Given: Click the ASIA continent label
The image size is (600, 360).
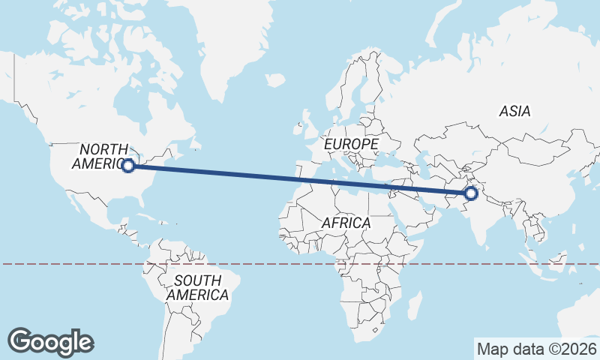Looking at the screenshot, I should click(514, 111).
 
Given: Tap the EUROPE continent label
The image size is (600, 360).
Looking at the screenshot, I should click(351, 142).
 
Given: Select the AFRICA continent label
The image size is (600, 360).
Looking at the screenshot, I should click(346, 223).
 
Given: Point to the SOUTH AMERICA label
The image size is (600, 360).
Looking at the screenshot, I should click(197, 287).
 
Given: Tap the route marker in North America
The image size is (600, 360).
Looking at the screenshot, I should click(128, 166).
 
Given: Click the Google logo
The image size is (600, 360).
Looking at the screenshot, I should click(51, 341).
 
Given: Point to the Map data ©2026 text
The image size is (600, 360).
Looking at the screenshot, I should click(536, 349).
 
